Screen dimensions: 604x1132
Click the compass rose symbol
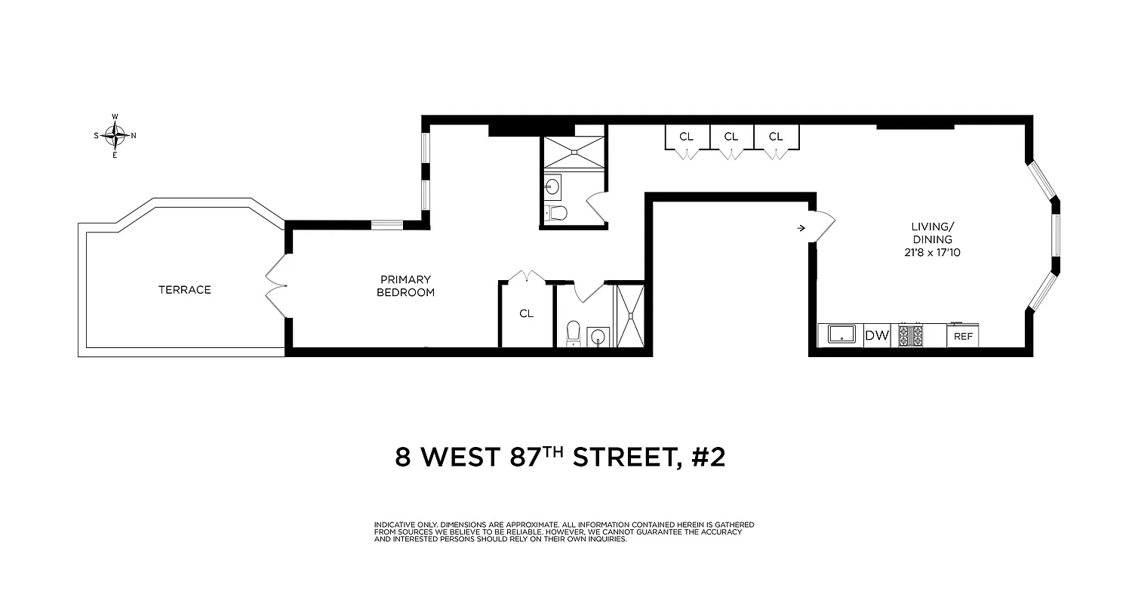115,136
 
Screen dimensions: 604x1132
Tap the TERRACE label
184,290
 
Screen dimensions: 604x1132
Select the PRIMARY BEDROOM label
406,286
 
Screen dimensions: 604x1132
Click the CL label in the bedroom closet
526,313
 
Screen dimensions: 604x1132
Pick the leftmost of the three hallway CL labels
686,137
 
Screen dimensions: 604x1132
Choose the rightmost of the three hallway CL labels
776,137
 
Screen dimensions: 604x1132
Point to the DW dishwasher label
877,336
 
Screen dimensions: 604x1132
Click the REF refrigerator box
963,336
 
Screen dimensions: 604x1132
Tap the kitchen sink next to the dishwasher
840,334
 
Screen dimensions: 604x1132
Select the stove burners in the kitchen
910,335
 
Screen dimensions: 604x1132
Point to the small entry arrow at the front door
801,226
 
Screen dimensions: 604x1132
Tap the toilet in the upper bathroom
556,213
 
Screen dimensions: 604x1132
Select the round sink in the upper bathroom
553,185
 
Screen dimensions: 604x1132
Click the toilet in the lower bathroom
573,331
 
